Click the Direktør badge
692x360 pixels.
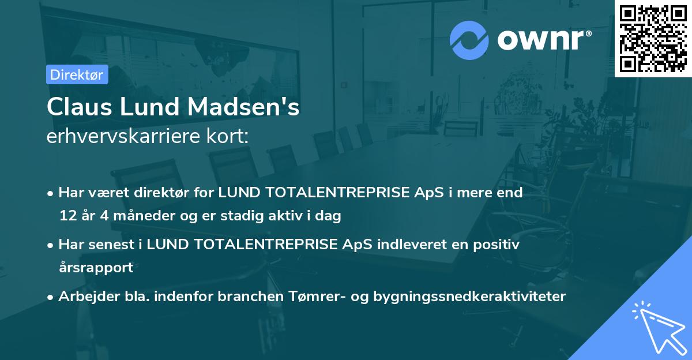(x=77, y=74)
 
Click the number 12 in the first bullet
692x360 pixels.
(x=67, y=216)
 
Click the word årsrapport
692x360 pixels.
(x=96, y=267)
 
